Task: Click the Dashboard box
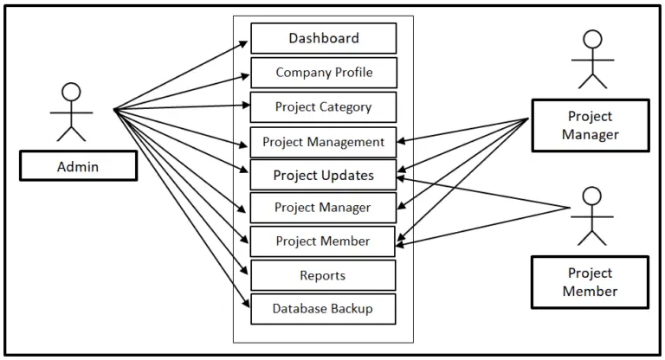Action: click(323, 38)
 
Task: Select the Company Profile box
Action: click(323, 73)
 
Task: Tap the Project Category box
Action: click(323, 107)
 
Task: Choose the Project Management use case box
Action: click(323, 142)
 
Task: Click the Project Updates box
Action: click(323, 175)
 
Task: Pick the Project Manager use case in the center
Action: click(323, 208)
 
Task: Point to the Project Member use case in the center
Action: click(323, 241)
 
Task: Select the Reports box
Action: click(323, 275)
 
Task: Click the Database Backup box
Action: click(323, 308)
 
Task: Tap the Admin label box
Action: click(78, 167)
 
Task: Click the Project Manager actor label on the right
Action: click(590, 125)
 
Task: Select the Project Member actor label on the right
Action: click(590, 282)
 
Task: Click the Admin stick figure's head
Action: click(71, 92)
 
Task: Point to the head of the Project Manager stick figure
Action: click(593, 40)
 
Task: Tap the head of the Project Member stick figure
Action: click(593, 196)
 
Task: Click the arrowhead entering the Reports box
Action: click(246, 270)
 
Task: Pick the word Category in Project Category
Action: click(345, 107)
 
